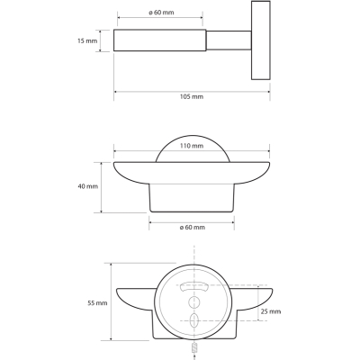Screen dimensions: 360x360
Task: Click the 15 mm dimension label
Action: coord(87,40)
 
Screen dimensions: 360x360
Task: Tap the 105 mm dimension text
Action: coord(192,96)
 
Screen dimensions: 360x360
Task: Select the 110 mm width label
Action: coord(192,146)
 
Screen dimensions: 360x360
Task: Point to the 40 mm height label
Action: coord(88,186)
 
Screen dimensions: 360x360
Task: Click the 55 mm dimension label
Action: coord(97,303)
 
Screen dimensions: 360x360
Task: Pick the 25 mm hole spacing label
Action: coord(271,311)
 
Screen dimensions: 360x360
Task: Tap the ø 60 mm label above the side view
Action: coord(161,13)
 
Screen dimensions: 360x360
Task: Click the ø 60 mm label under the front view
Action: coord(193,227)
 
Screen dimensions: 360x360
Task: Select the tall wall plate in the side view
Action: coord(261,40)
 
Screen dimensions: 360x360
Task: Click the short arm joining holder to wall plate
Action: coord(229,40)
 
